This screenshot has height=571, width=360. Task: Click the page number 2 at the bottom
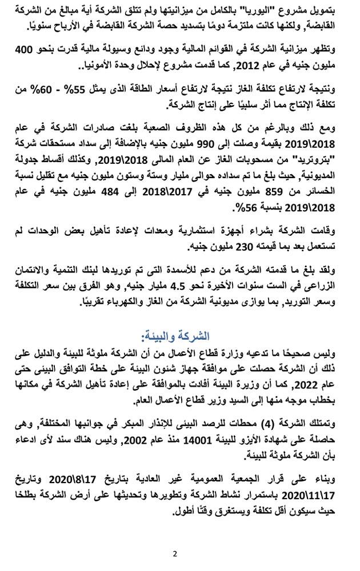click(x=175, y=553)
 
